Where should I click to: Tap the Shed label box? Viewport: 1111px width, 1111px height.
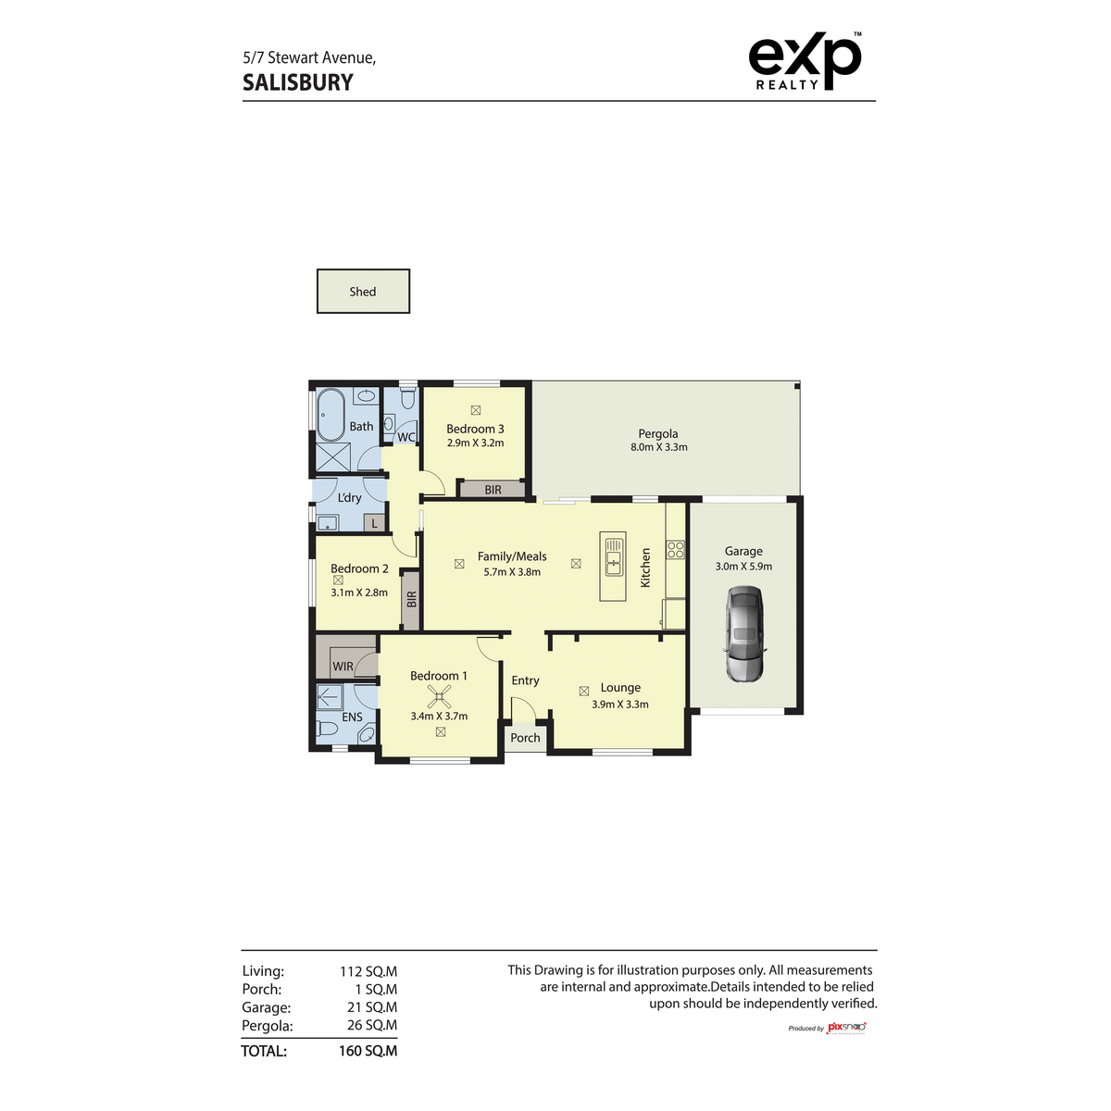click(363, 292)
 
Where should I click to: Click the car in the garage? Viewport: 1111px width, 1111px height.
click(744, 635)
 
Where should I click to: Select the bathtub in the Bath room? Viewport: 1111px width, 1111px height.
click(331, 414)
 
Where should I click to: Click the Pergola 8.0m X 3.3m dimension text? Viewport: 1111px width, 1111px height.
click(657, 447)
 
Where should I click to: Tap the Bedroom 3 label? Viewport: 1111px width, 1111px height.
click(475, 429)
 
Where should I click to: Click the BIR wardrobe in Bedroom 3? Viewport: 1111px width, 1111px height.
click(493, 490)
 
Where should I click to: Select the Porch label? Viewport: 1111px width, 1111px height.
click(525, 738)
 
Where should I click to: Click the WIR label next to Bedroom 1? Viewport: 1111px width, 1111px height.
click(343, 667)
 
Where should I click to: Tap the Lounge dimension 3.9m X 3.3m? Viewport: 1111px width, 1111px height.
click(619, 705)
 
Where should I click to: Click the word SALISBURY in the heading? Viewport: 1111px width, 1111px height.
click(298, 82)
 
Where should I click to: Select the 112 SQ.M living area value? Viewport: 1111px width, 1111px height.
click(368, 971)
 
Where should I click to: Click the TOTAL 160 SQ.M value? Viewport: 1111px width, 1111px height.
click(368, 1051)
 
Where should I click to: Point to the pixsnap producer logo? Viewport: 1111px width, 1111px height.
click(844, 1028)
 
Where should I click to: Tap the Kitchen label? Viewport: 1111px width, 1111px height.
click(645, 567)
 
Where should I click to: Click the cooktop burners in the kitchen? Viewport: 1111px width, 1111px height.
click(675, 550)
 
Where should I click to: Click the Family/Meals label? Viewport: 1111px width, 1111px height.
click(512, 556)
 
